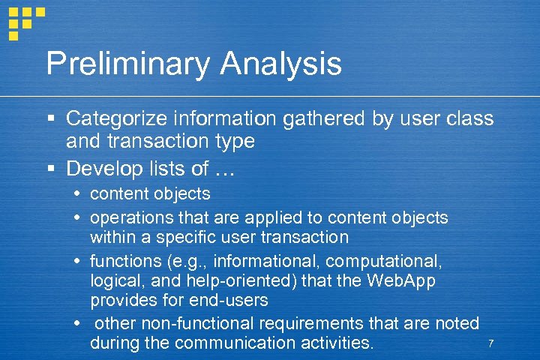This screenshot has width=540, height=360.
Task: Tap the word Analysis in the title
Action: tap(281, 64)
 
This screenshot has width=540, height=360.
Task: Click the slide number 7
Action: tap(490, 343)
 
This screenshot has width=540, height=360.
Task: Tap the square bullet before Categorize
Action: tap(50, 119)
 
